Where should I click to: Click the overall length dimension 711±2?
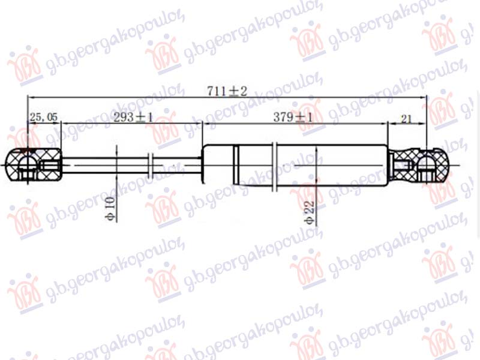pos(227,92)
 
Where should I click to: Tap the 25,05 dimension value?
pos(43,117)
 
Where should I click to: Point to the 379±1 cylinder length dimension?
pos(293,118)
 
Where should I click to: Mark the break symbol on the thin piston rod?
pos(152,165)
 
